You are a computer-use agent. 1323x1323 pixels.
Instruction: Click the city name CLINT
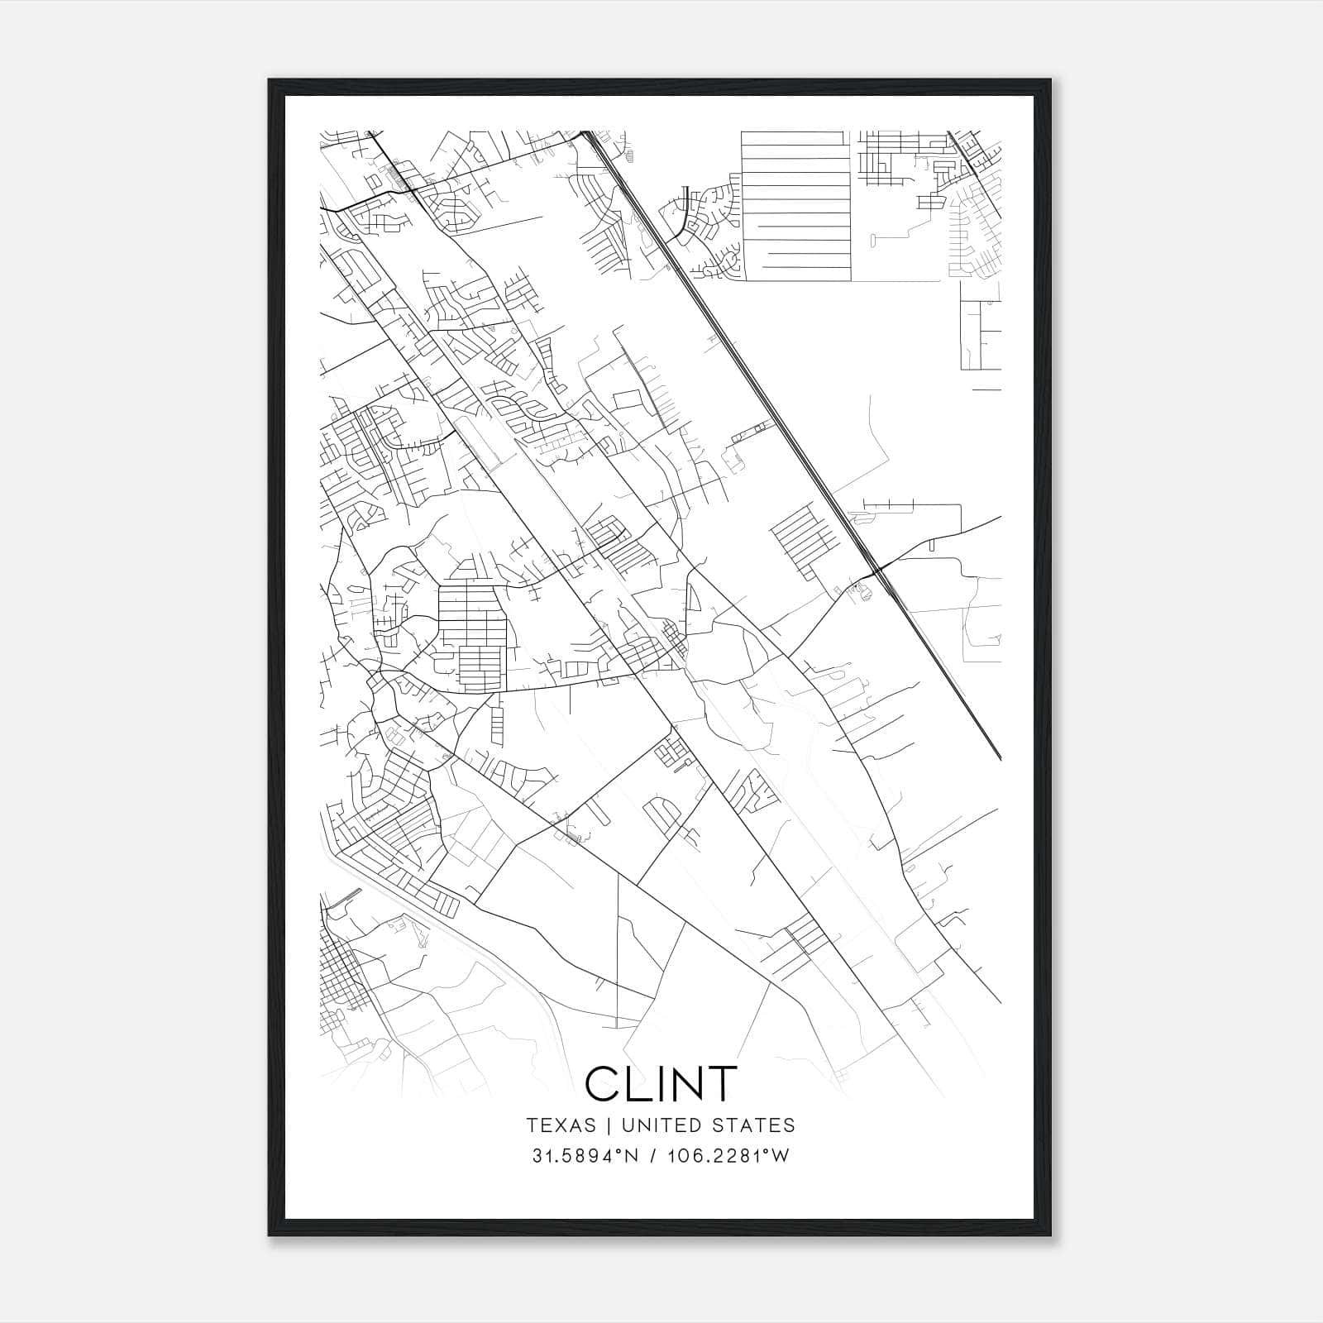click(x=660, y=1083)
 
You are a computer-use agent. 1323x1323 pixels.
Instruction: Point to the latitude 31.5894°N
click(x=586, y=1156)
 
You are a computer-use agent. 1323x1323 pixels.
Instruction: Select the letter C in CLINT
click(x=604, y=1083)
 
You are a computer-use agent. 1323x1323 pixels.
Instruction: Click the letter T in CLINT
click(x=721, y=1083)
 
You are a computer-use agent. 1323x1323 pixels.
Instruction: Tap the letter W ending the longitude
click(x=781, y=1156)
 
